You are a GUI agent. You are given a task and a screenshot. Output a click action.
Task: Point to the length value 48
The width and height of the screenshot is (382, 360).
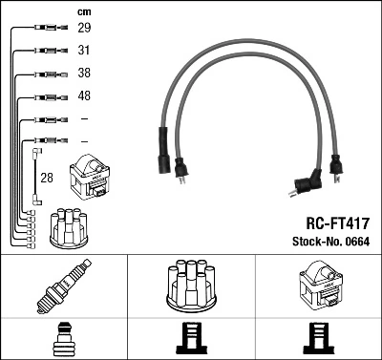point(84,96)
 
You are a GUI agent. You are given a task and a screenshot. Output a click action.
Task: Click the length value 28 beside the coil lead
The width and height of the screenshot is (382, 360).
point(46,177)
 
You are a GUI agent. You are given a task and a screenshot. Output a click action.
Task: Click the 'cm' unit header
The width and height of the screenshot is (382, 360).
point(83,11)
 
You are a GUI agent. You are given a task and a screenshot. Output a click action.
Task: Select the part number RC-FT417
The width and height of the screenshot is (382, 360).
point(330,222)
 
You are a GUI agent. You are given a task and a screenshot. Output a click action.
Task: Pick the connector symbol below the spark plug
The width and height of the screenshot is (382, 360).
point(63,339)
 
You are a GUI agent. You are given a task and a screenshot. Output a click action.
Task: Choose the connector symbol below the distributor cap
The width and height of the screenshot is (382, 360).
point(191,339)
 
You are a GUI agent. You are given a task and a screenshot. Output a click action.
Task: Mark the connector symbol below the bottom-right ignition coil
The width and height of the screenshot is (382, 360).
point(318,339)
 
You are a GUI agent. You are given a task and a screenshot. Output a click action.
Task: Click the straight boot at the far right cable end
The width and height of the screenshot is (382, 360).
point(335,165)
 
